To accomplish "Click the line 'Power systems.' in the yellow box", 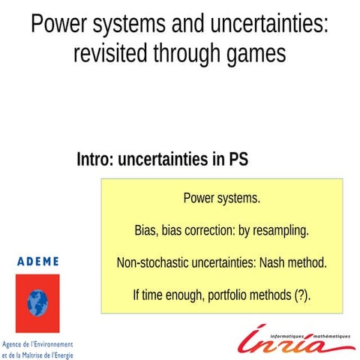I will point(221,199).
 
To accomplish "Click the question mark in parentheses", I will point(301,295).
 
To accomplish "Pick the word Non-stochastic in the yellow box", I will point(150,263).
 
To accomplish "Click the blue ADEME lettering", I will point(37,261).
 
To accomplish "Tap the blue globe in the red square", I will point(37,301).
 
